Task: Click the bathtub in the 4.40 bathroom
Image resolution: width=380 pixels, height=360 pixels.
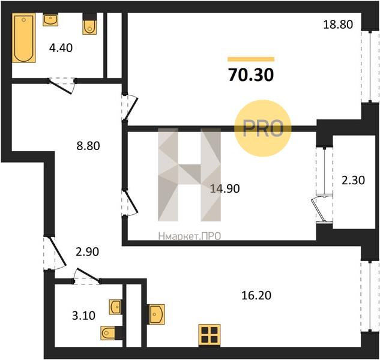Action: (x=24, y=38)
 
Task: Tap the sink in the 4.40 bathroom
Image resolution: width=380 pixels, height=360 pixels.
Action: (x=50, y=20)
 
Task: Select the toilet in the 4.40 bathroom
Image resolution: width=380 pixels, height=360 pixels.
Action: (x=89, y=24)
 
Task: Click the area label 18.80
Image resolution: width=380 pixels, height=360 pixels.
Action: (x=338, y=25)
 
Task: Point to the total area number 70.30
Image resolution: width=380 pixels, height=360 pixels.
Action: (x=251, y=74)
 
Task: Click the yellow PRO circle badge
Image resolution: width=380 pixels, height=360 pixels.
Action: (x=263, y=128)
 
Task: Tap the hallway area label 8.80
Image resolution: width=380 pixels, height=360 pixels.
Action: (x=88, y=146)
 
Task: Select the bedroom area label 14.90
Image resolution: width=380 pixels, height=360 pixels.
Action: (x=225, y=188)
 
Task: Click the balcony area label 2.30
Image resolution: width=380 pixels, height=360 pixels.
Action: (x=353, y=181)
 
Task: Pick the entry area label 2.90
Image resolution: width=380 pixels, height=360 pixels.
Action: (x=87, y=252)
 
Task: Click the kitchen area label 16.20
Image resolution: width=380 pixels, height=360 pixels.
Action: (x=256, y=296)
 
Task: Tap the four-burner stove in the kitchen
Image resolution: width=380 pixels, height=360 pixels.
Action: (x=210, y=335)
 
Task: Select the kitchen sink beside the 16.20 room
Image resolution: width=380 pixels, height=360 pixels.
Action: (x=157, y=314)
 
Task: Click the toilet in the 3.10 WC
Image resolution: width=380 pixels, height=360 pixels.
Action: (x=111, y=333)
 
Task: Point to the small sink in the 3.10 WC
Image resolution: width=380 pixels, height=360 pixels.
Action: (x=115, y=307)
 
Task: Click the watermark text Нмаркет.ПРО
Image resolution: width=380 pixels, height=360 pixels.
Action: (x=190, y=236)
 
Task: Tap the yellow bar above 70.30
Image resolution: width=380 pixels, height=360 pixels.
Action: (x=251, y=59)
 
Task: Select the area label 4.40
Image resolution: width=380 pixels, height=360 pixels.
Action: (x=61, y=48)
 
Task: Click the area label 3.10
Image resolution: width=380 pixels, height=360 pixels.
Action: (x=83, y=316)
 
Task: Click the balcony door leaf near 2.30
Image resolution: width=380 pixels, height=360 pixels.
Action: (x=318, y=210)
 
